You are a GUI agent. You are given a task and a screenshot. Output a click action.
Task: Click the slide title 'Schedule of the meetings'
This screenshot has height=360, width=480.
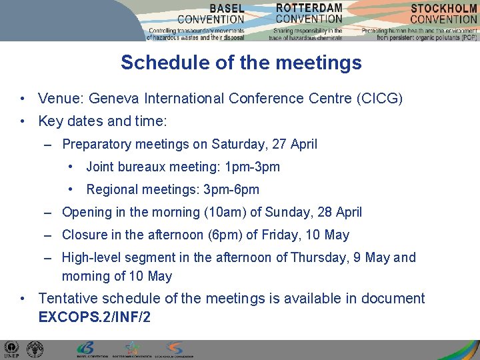241,63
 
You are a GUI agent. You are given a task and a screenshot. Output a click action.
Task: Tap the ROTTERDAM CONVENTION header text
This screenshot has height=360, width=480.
309,13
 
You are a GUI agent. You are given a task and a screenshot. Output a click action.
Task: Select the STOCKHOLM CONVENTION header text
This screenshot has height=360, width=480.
443,14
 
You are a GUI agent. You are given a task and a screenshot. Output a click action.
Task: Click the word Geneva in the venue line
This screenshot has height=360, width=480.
113,99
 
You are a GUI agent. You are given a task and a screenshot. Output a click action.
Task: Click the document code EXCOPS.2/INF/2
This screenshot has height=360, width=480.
95,317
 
